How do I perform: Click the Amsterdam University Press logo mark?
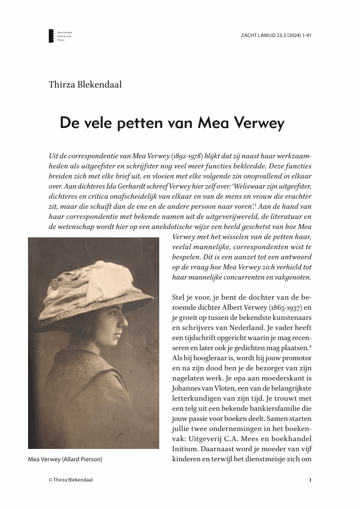tap(51, 36)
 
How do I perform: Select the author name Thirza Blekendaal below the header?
tap(85, 85)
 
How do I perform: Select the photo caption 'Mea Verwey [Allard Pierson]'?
tap(65, 460)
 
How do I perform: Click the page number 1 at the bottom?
tap(310, 480)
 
